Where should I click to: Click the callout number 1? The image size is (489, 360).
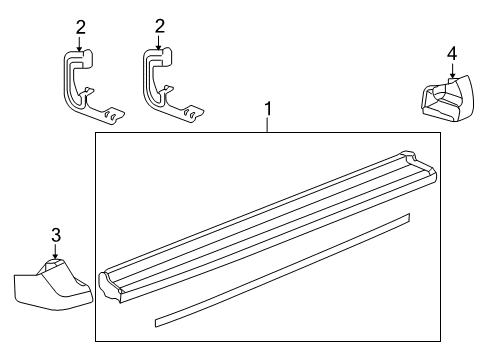266,106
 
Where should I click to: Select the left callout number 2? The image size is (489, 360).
80,27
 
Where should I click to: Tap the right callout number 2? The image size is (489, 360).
158,27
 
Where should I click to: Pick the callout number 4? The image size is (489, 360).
451,52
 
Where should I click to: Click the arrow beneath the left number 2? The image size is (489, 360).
80,43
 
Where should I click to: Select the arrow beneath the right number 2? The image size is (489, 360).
158,43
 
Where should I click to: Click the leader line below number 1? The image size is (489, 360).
266,124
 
